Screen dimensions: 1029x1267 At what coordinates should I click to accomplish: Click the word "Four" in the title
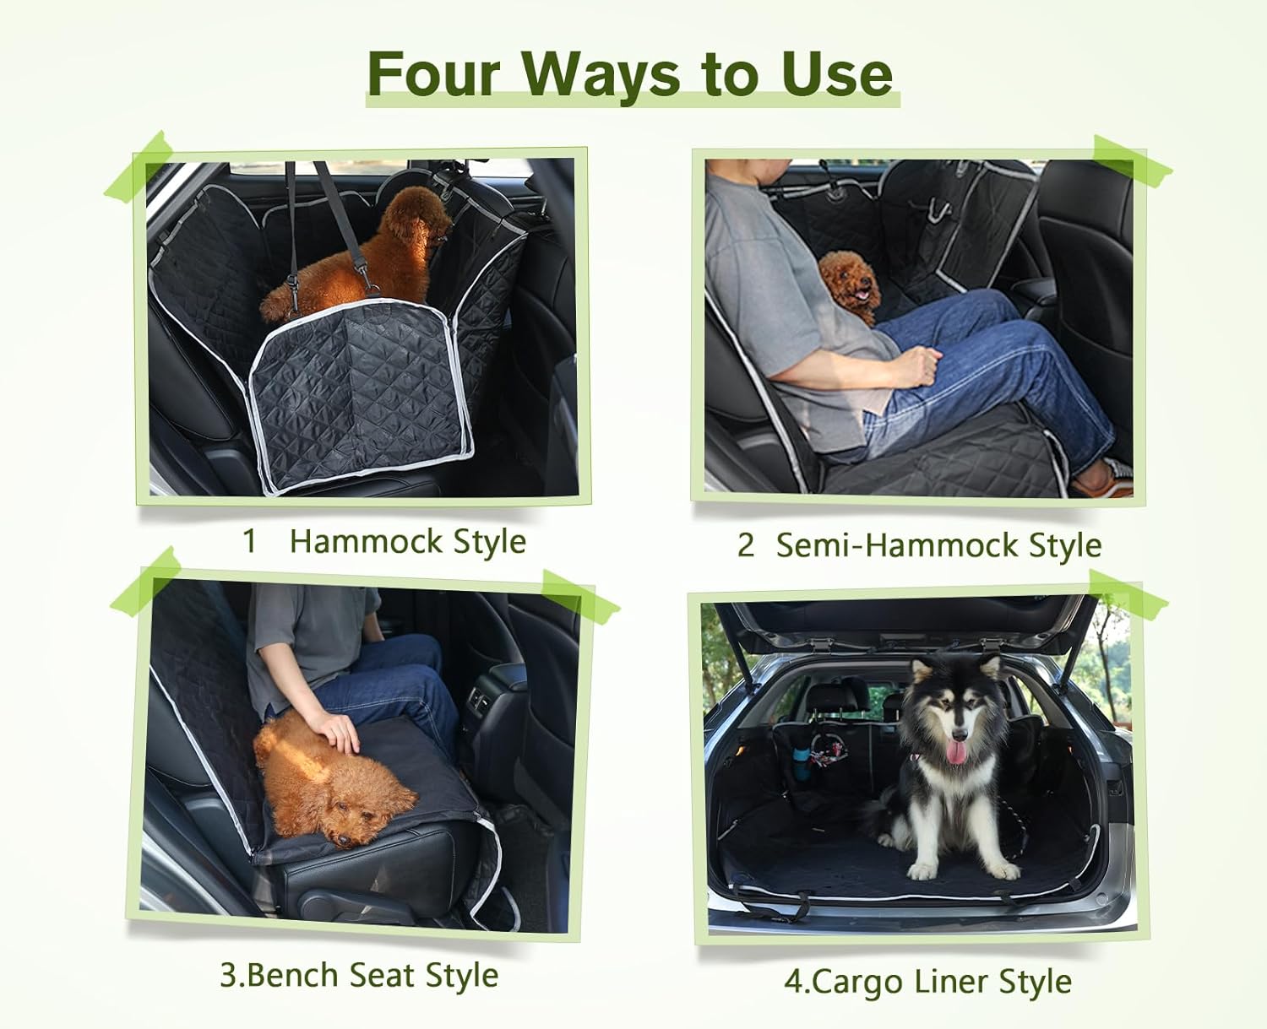434,74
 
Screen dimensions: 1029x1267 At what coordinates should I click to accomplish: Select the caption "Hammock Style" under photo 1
407,541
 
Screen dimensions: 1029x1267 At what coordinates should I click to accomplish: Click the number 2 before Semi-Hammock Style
745,545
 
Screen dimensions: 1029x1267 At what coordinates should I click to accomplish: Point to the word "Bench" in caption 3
294,975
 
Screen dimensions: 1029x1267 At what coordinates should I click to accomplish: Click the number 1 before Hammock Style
249,541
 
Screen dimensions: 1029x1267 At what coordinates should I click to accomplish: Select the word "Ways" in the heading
600,74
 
